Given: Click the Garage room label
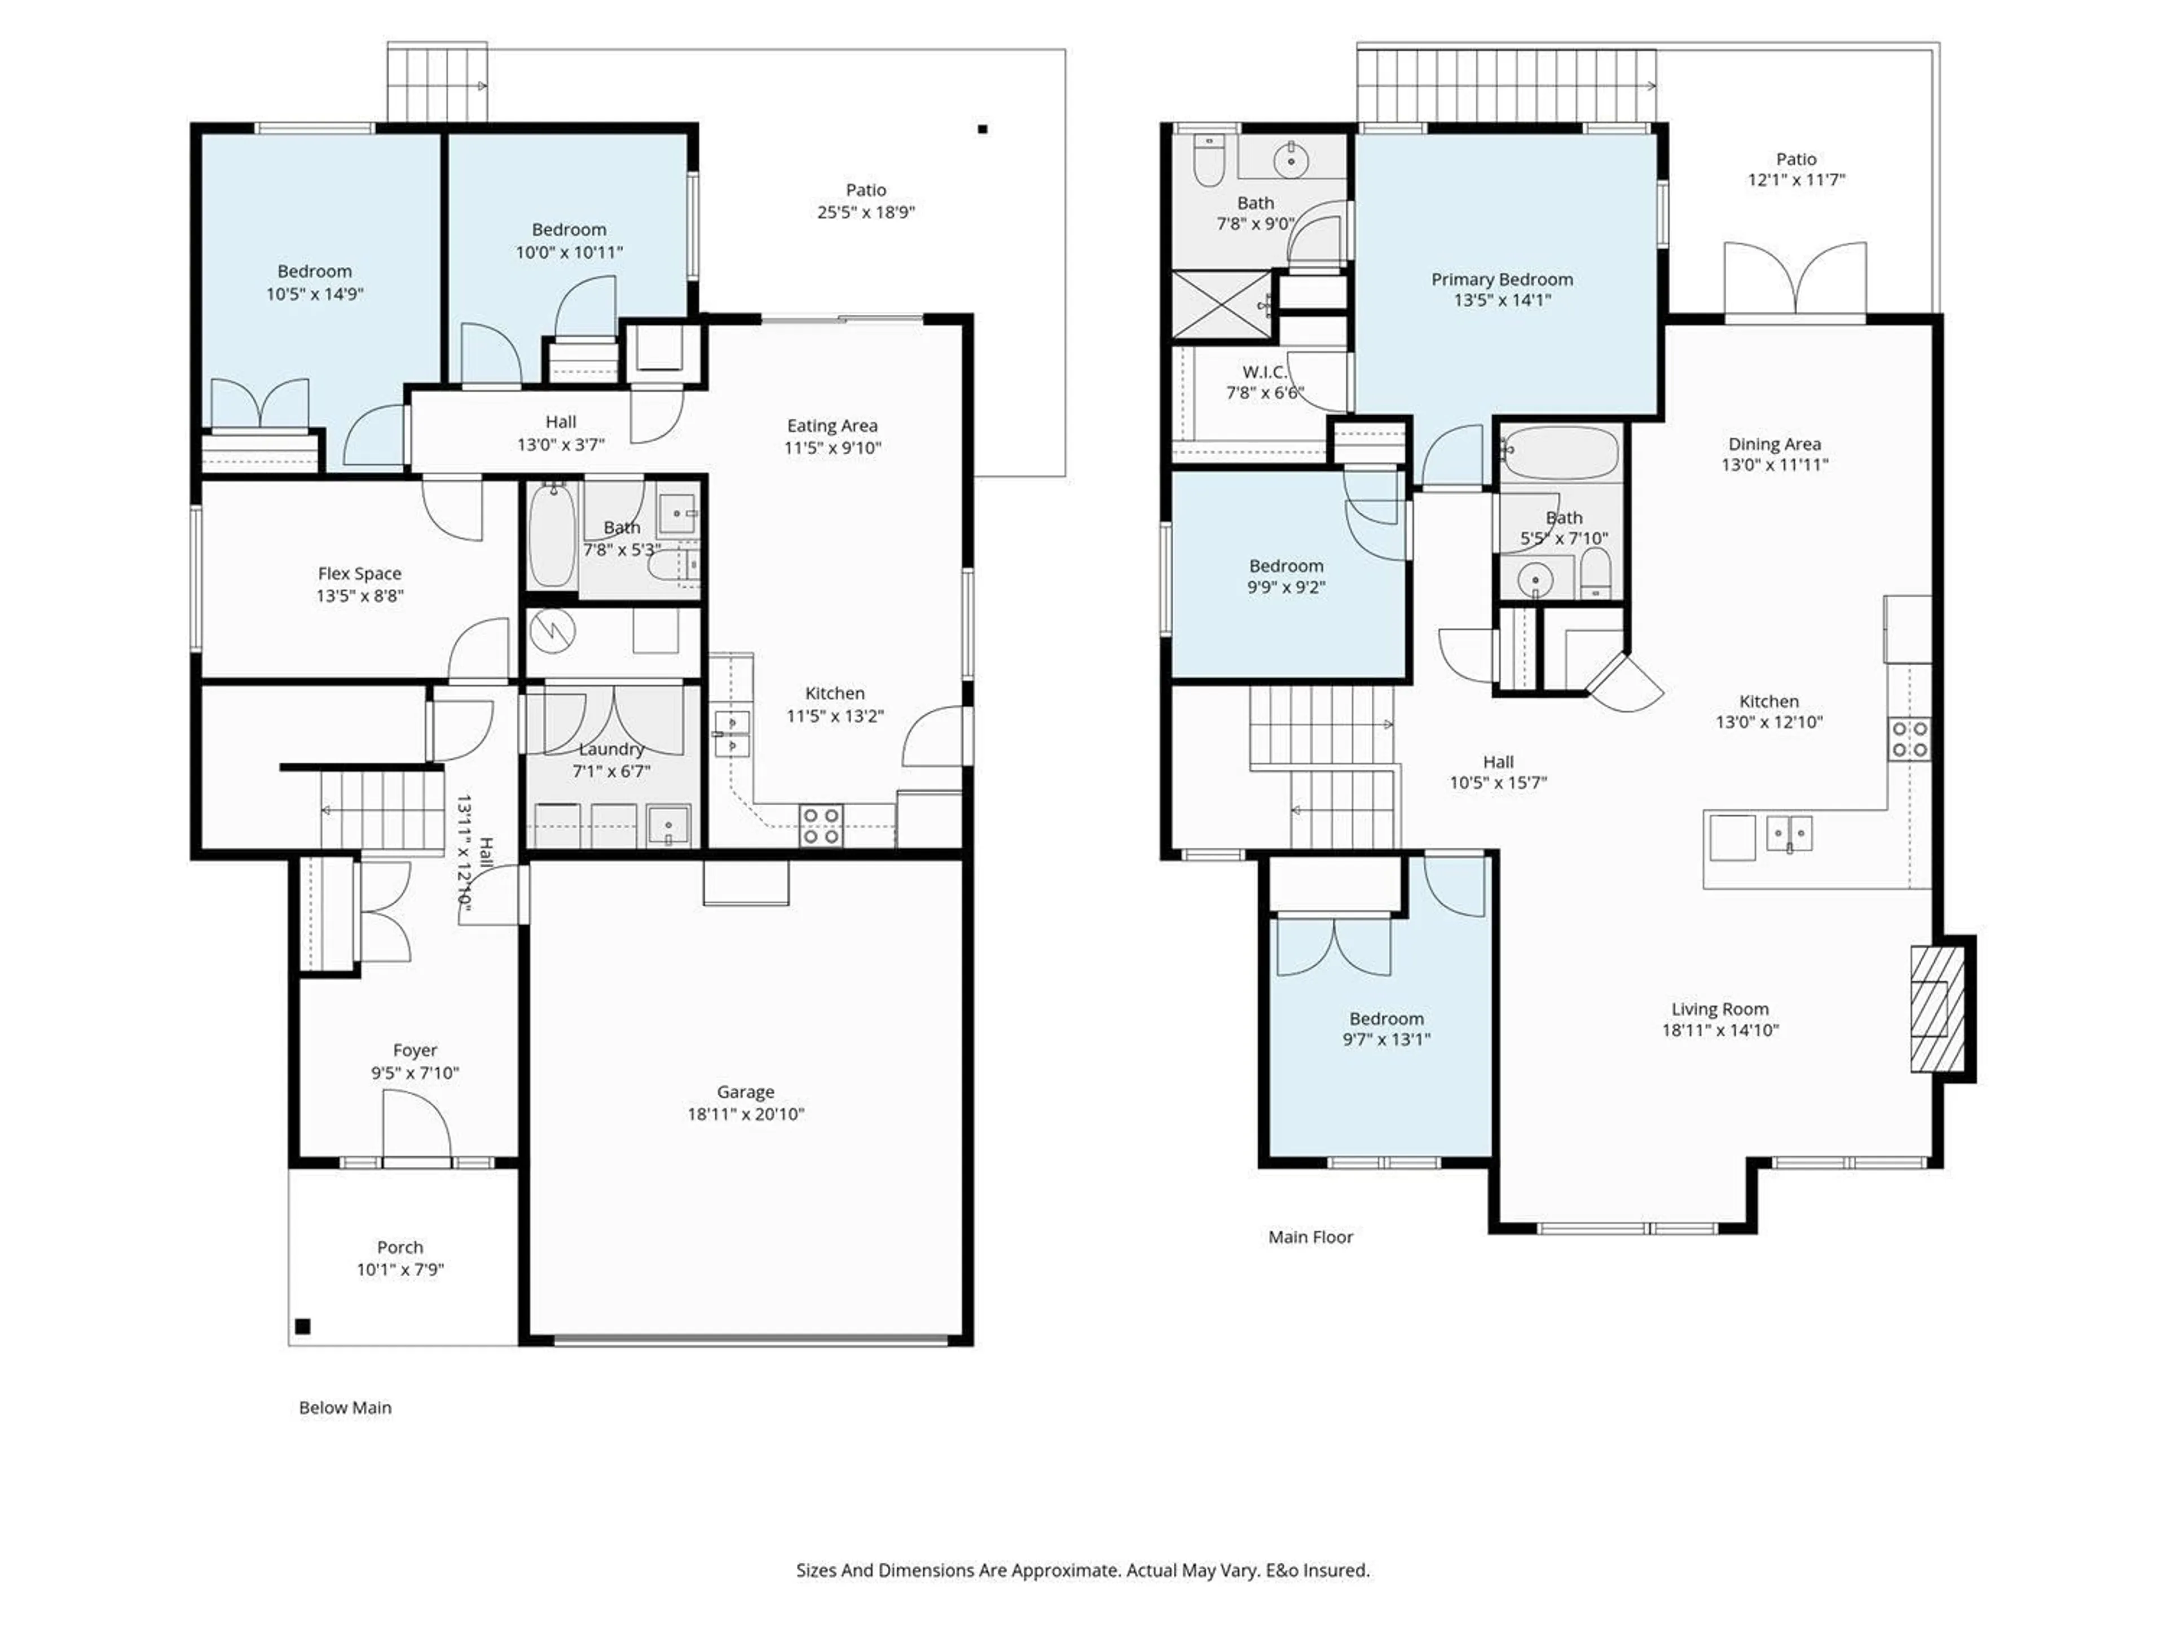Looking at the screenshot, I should tap(745, 1091).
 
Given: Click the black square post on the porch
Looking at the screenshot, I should tap(302, 1327).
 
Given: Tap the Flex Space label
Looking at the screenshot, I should tap(359, 574).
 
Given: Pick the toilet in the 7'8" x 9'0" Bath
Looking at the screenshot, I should tap(1209, 161).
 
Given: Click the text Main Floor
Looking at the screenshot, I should tap(1310, 1237).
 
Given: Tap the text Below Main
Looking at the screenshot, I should tap(345, 1408).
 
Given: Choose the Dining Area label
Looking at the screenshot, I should tap(1773, 443).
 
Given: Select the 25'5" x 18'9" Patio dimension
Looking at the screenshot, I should tap(866, 212).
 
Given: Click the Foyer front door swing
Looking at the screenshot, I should tap(416, 1126).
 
